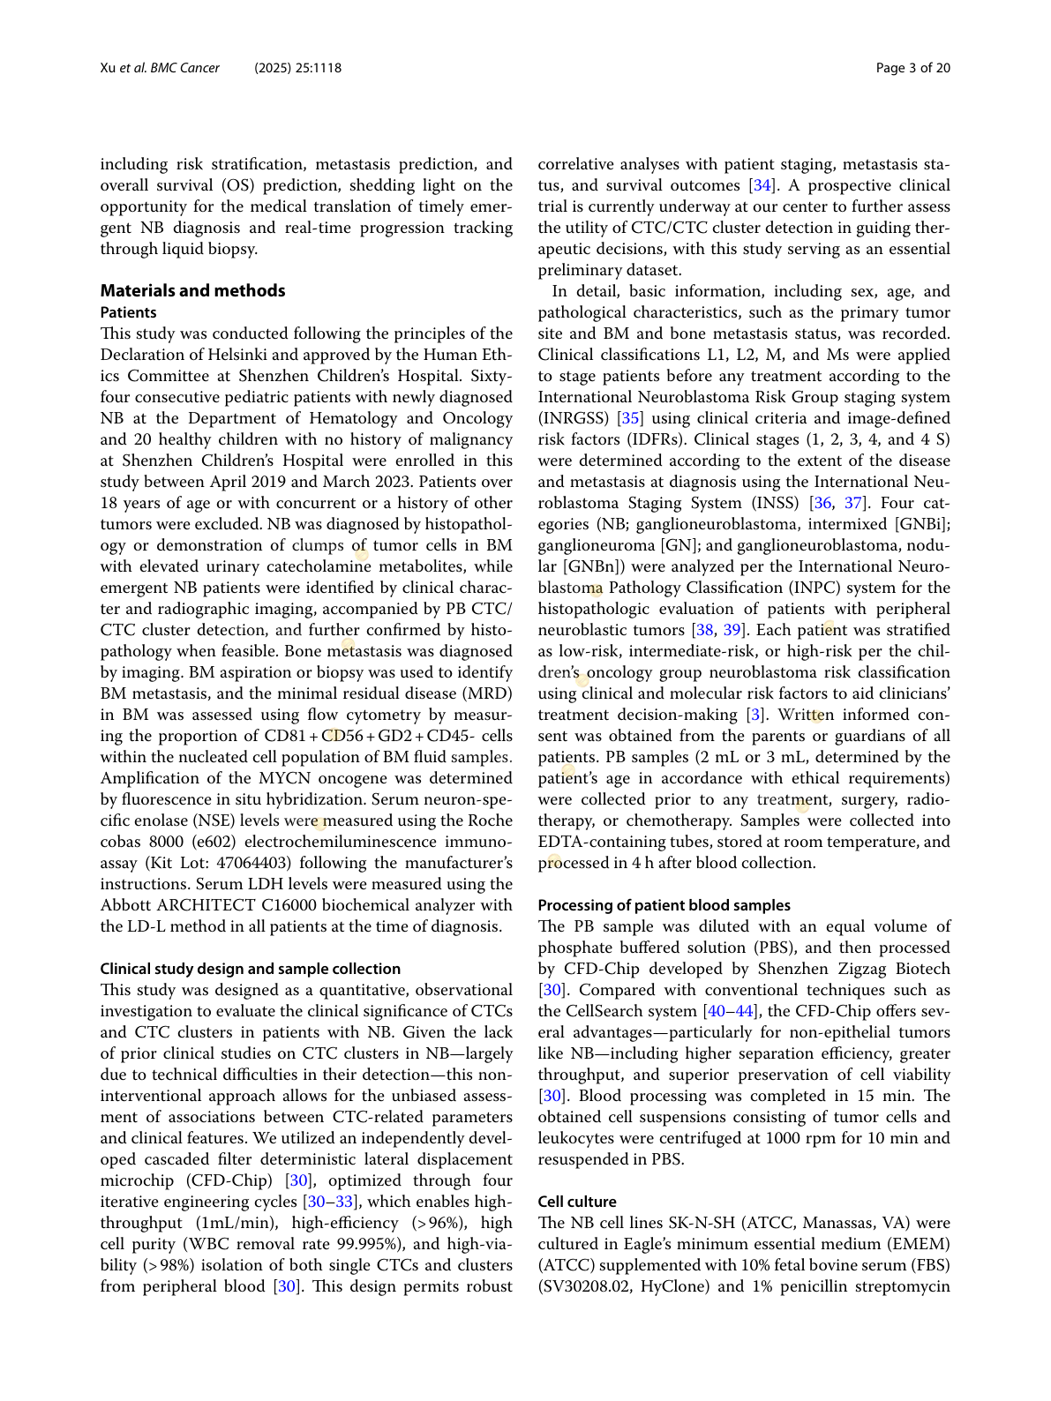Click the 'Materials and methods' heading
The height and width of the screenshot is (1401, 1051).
tap(192, 290)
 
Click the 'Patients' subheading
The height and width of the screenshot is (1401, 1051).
tap(128, 312)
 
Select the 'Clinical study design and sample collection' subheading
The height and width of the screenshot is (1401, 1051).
tap(250, 969)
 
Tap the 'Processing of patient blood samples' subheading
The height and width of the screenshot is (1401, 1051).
tap(664, 905)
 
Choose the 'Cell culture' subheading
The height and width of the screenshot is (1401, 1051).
tap(577, 1202)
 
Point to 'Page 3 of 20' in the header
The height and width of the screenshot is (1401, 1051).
tap(913, 68)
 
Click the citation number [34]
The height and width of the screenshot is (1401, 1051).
tap(762, 185)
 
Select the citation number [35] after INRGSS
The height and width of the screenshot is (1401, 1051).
tap(630, 418)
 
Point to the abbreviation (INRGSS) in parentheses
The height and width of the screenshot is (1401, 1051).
tap(574, 418)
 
